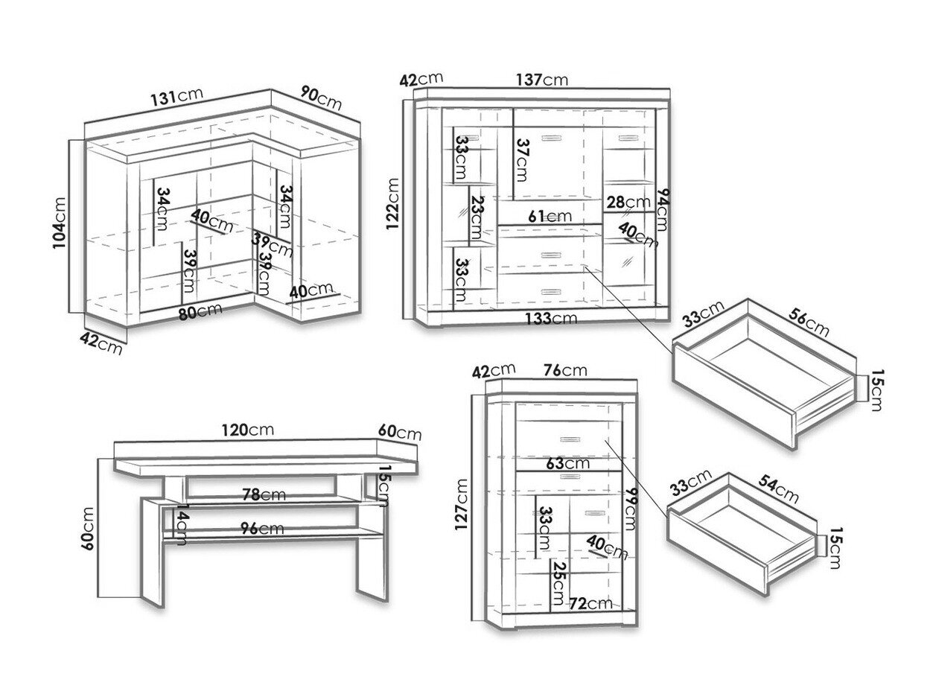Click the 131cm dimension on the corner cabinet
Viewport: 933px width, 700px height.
176,98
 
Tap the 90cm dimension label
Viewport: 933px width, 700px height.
321,98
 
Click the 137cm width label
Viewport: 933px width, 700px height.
543,79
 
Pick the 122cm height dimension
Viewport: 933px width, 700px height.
394,204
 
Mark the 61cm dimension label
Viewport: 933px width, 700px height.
550,216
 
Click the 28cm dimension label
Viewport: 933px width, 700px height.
627,201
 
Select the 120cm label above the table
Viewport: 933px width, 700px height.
249,430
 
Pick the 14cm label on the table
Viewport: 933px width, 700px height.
179,522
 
